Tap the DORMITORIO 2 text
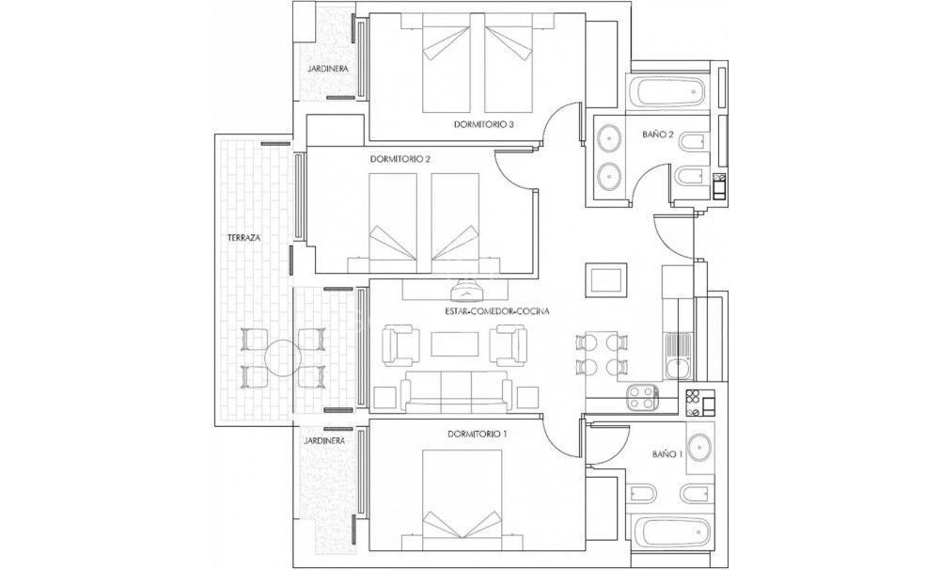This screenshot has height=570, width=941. pyautogui.click(x=400, y=159)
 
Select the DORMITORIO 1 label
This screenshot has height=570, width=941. pyautogui.click(x=477, y=434)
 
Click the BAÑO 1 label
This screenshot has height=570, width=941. pyautogui.click(x=666, y=454)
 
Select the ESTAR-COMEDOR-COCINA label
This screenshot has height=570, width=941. pyautogui.click(x=497, y=310)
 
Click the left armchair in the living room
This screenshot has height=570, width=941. pyautogui.click(x=401, y=344)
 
